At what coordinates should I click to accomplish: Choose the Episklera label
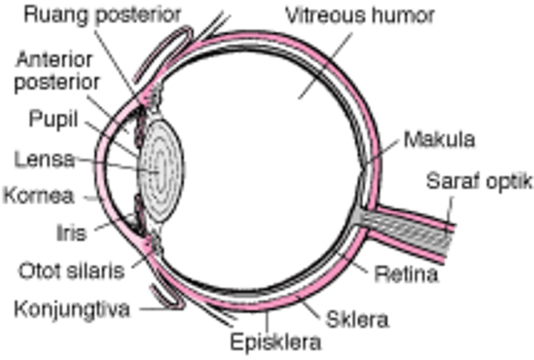(x=275, y=341)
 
